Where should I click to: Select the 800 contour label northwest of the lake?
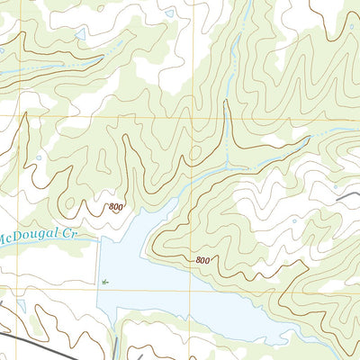click(x=116, y=208)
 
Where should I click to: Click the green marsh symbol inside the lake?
click(x=105, y=282)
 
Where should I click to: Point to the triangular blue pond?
click(x=82, y=33)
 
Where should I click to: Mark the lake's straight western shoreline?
click(x=98, y=270)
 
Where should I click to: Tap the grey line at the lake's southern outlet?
click(x=117, y=346)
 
